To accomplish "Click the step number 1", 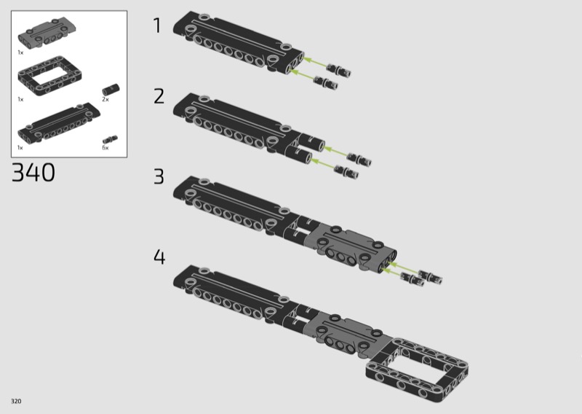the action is coord(158,26).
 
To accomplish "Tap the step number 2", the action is coord(159,96).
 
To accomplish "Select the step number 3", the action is coord(159,176).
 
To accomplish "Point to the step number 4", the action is coord(159,257).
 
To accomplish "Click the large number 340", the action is coord(33,172).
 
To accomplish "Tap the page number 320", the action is coord(16,401).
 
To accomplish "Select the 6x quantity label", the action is coord(105,148).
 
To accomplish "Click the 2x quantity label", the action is coord(105,99).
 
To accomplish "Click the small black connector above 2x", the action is coord(111,90).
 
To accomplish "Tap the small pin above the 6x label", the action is coord(111,139).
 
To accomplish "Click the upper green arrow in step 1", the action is coord(315,62).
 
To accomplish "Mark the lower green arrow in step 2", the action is coord(322,164).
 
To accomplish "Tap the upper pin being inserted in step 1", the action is coord(339,69).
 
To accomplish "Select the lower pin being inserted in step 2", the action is coord(346,171).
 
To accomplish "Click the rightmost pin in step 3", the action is coord(430,276).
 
